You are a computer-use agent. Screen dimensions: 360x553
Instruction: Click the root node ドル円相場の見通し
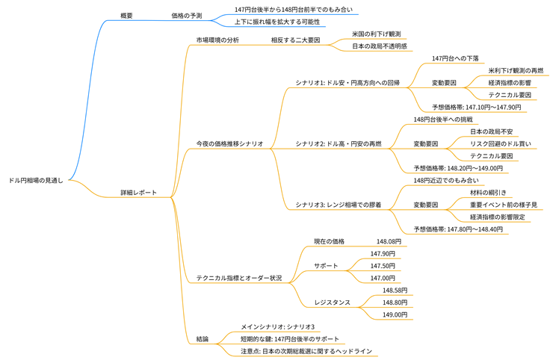pyautogui.click(x=36, y=180)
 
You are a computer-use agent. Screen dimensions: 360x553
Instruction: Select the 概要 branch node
pyautogui.click(x=126, y=15)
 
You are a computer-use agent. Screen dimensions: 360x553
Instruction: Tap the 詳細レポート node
pyautogui.click(x=139, y=193)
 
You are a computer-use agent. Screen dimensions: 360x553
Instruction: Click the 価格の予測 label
pyautogui.click(x=186, y=15)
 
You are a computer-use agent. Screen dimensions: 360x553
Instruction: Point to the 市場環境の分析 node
pyautogui.click(x=217, y=40)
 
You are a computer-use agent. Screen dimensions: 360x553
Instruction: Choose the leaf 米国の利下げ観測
pyautogui.click(x=377, y=34)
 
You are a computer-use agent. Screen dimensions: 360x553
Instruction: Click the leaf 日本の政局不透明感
pyautogui.click(x=380, y=46)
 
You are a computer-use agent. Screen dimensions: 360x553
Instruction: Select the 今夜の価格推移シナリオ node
pyautogui.click(x=229, y=143)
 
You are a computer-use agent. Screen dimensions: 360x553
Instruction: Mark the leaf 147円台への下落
pyautogui.click(x=455, y=58)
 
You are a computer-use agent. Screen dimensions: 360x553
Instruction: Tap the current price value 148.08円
pyautogui.click(x=389, y=241)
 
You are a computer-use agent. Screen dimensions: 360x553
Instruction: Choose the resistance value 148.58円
pyautogui.click(x=395, y=290)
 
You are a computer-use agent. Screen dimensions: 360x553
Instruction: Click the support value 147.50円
pyautogui.click(x=383, y=266)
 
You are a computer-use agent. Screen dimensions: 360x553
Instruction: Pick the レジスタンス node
pyautogui.click(x=332, y=302)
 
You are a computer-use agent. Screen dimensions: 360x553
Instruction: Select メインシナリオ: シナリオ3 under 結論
pyautogui.click(x=277, y=326)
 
